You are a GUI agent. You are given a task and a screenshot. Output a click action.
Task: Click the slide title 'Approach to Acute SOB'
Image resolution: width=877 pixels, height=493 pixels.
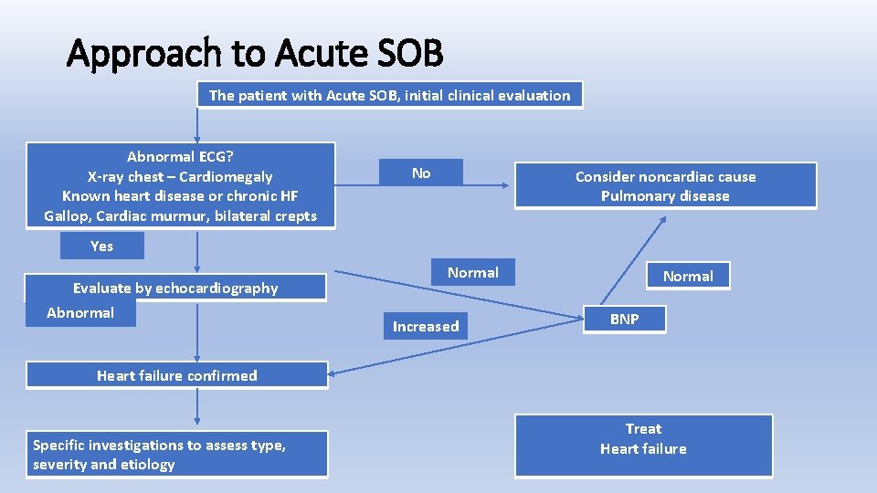coord(255,54)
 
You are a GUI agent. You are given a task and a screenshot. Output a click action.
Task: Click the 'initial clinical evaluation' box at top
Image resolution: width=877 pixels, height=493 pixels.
coord(389,95)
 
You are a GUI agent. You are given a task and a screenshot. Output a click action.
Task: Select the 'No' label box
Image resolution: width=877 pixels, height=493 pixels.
coord(421,173)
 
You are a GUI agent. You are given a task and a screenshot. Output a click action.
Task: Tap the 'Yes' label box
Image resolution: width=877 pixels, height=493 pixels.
coord(101,246)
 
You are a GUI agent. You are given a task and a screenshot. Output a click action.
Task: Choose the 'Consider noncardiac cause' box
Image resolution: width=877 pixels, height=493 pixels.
coord(665,185)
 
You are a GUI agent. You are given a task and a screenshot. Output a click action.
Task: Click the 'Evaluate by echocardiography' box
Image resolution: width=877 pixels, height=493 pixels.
coord(175,288)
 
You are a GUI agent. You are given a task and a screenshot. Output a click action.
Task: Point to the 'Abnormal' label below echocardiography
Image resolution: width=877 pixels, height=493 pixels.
coord(80,313)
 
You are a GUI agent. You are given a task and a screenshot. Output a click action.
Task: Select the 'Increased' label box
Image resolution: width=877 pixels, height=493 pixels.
coord(426,326)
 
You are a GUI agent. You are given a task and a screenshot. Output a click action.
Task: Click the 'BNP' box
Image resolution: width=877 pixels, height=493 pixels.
coord(625,319)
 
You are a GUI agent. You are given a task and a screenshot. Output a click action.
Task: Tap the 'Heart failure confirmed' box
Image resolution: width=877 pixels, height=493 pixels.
coord(176,375)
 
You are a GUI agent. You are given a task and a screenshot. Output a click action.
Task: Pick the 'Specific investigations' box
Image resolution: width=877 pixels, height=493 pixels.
coord(176,455)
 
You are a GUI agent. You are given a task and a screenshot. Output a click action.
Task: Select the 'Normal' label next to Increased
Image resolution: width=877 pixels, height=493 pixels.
coord(473,272)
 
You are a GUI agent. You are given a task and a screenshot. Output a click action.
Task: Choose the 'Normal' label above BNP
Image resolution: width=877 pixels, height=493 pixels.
coord(688,276)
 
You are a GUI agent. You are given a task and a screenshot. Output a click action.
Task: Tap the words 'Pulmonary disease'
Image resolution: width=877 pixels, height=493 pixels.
coord(665,196)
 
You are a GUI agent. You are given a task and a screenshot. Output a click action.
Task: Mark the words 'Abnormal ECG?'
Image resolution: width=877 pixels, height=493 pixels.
coord(180,157)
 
